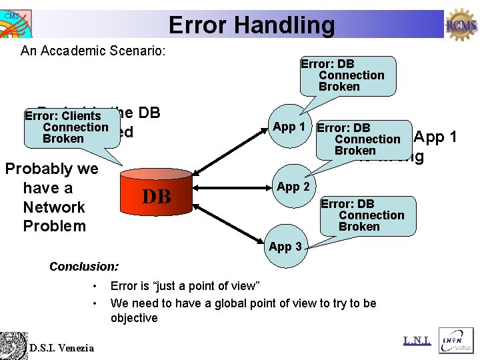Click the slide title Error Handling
pyautogui.click(x=251, y=25)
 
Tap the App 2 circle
pyautogui.click(x=293, y=187)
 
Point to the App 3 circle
pyautogui.click(x=285, y=246)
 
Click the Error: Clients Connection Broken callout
pyautogui.click(x=70, y=127)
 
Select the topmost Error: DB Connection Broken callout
pyautogui.click(x=347, y=75)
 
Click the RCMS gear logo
pyautogui.click(x=461, y=25)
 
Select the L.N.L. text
pyautogui.click(x=417, y=341)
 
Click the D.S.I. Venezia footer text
pyautogui.click(x=61, y=347)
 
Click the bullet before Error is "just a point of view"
pyautogui.click(x=97, y=287)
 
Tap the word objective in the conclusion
pyautogui.click(x=134, y=318)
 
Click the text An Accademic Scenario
pyautogui.click(x=93, y=51)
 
